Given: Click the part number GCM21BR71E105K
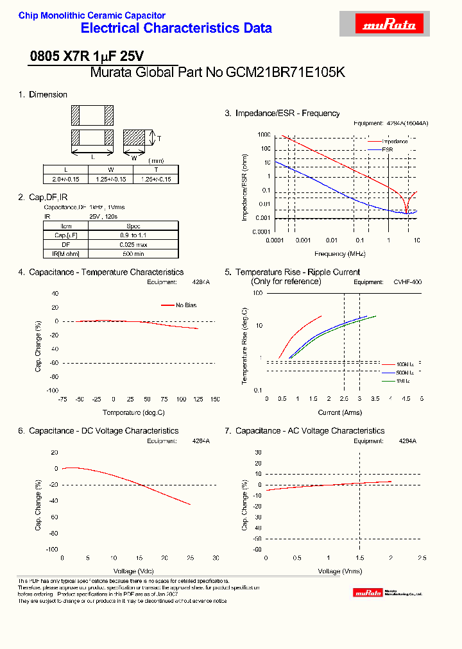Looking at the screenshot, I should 286,72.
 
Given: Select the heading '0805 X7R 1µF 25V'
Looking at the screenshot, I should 87,56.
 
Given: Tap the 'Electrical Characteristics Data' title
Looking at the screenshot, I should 176,28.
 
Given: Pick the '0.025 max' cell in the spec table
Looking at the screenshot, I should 133,245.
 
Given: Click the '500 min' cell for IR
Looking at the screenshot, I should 133,255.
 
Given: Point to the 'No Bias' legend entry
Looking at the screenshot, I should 185,305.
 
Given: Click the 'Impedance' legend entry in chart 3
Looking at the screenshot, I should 395,141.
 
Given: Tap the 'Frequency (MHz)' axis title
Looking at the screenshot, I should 341,254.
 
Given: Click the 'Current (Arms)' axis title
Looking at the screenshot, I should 340,412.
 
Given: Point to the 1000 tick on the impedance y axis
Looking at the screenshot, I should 264,135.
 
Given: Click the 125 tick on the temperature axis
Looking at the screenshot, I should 198,399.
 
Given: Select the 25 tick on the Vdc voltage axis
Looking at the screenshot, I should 191,557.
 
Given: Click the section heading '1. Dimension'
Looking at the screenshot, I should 43,95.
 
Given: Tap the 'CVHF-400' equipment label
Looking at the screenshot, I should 407,282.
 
